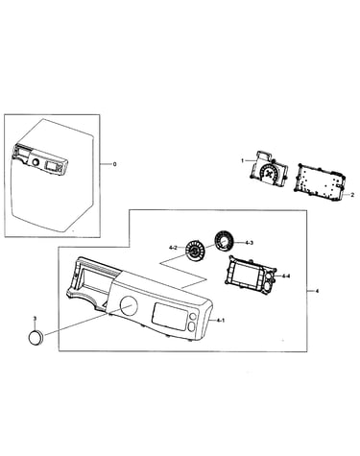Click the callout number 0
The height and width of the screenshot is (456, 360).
tap(114, 164)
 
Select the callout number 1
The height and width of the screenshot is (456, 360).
tap(243, 160)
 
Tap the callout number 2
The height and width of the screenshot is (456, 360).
tap(352, 195)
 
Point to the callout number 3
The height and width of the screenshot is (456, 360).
tap(35, 319)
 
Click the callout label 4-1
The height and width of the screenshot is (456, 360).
tap(221, 320)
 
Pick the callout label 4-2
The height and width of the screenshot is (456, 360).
tap(173, 248)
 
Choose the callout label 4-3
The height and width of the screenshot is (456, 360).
tap(250, 243)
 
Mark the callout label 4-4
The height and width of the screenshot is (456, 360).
tap(285, 276)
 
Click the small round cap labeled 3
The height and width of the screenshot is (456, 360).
tap(36, 338)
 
